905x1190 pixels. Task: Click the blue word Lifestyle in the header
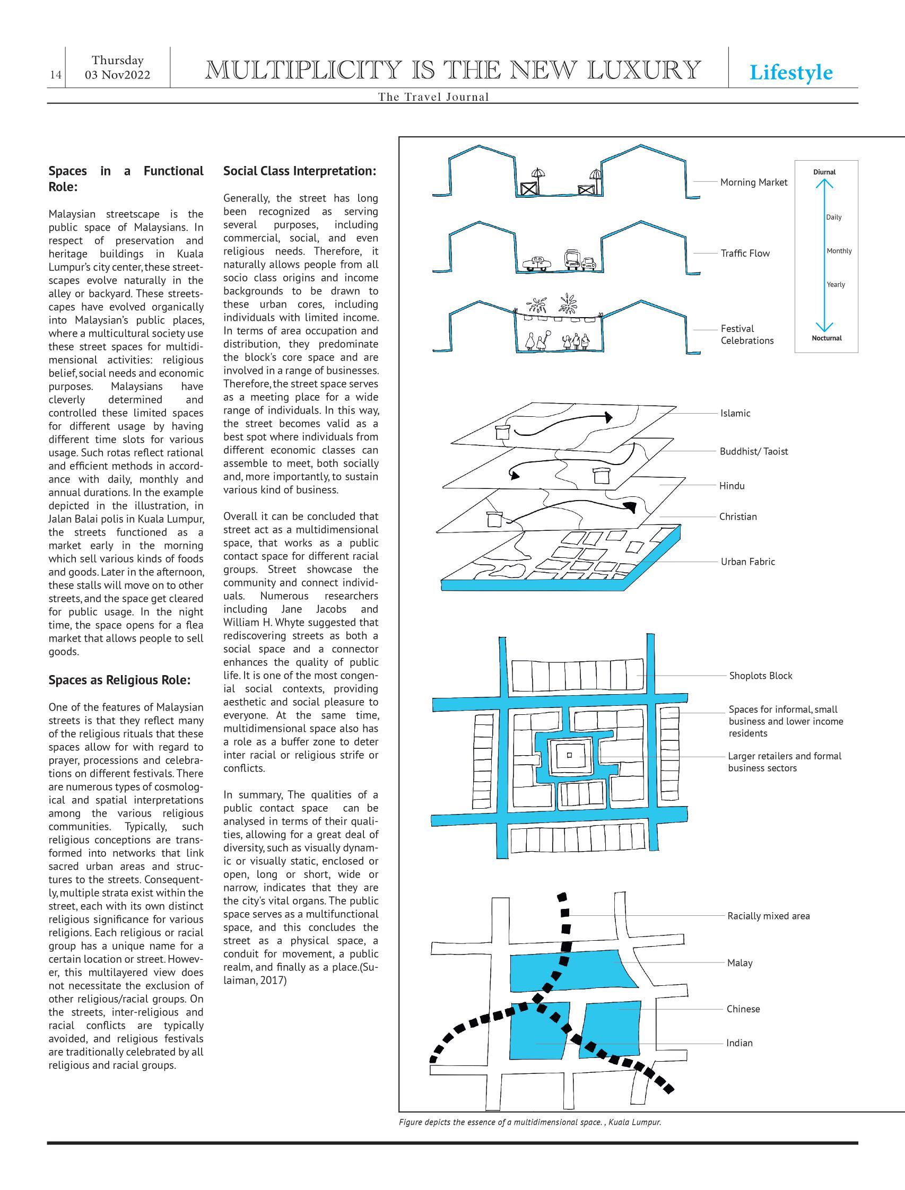(x=790, y=72)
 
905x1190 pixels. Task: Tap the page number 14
(x=56, y=75)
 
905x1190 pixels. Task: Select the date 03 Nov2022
(x=117, y=75)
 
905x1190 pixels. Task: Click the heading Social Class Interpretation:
(x=300, y=171)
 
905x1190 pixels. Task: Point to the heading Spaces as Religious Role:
(x=119, y=680)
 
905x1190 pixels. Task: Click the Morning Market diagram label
(x=754, y=182)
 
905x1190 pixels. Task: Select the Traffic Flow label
(x=745, y=253)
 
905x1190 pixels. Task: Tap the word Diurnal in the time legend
(x=824, y=172)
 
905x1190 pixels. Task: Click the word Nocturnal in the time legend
(x=826, y=338)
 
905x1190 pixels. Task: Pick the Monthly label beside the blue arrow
(x=839, y=251)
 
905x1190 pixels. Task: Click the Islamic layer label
(x=735, y=414)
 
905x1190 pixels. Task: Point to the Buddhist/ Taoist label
(x=754, y=451)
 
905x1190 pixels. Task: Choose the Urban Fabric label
(x=747, y=562)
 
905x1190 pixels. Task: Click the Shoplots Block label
(x=761, y=676)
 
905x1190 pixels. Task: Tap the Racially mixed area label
(x=768, y=916)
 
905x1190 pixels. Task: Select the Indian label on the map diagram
(x=739, y=1043)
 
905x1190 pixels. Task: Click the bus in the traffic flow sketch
(x=572, y=259)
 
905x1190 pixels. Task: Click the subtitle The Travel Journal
(x=433, y=97)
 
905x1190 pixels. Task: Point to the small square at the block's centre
(x=569, y=756)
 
